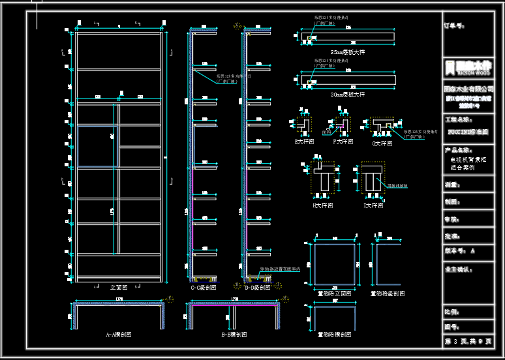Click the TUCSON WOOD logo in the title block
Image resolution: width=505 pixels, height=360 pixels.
point(467,67)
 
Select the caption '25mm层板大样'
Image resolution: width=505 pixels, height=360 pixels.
point(348,52)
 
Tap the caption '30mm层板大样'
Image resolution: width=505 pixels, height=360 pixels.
point(348,95)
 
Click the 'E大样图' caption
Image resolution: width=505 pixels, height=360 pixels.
point(304,141)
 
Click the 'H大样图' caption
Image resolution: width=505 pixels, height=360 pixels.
point(322,205)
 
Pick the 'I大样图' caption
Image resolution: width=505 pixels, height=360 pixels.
point(373,205)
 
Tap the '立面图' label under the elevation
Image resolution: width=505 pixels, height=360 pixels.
point(119,287)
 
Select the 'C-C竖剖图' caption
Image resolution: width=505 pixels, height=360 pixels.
point(203,287)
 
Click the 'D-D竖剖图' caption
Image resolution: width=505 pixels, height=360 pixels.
point(257,287)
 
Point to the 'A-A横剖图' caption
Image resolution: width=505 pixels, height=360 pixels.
point(119,334)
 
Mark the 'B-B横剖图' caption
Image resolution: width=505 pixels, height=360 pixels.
point(234,334)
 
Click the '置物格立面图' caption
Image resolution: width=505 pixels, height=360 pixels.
point(334,293)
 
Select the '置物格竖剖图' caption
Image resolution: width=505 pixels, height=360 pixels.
point(387,293)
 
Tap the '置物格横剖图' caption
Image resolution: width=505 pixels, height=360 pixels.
point(334,334)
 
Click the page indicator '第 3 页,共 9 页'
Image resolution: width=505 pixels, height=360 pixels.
point(468,341)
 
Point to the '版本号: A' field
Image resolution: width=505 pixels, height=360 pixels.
point(459,250)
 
